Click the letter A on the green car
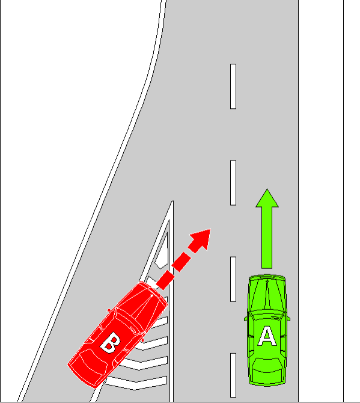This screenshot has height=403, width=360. (267, 336)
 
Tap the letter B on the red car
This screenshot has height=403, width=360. (111, 342)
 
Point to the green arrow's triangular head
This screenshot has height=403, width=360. (267, 198)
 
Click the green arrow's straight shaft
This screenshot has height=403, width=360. (267, 238)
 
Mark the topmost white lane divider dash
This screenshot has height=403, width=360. (233, 87)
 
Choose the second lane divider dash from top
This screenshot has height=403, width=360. (233, 183)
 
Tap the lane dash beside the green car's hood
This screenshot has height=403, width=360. (233, 279)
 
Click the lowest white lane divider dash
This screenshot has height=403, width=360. (233, 375)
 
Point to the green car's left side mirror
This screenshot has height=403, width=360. (246, 319)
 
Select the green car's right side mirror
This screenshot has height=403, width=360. (288, 319)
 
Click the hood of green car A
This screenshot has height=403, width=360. (267, 293)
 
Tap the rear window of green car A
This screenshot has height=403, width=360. (267, 365)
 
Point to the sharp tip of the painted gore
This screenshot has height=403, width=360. (173, 201)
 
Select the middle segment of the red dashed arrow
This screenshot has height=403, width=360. (182, 262)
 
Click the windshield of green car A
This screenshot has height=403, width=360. (267, 315)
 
